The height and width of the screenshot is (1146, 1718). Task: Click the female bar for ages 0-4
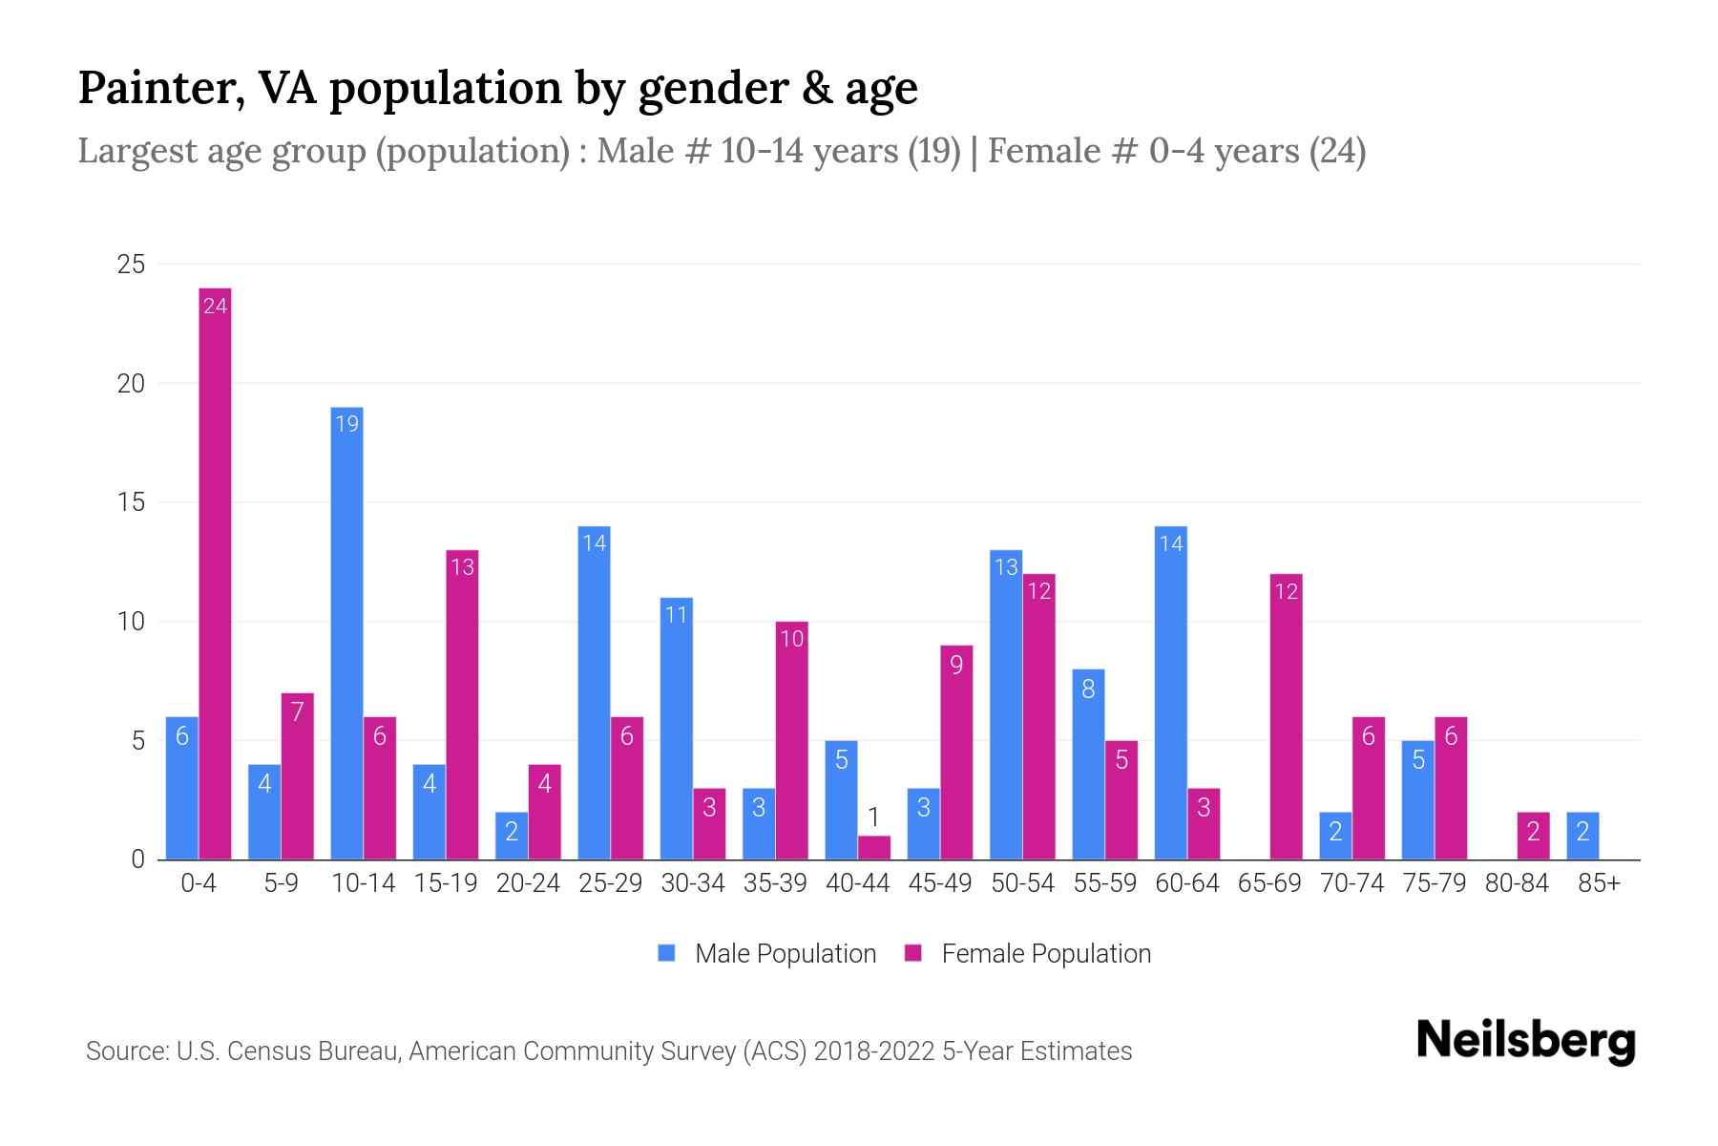215,573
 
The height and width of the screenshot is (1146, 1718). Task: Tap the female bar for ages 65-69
1286,716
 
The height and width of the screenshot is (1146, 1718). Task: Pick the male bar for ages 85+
1582,836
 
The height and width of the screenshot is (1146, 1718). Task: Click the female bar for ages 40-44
873,848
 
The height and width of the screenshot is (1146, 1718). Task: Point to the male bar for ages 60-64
1170,692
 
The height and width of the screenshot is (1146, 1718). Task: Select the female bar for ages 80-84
1533,836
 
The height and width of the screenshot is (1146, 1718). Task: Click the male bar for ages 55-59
1088,764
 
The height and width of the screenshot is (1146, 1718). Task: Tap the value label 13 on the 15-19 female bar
462,567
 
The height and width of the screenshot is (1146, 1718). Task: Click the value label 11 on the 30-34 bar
676,615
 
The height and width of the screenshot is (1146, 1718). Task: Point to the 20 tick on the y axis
131,384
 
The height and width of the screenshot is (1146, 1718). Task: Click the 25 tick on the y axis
131,265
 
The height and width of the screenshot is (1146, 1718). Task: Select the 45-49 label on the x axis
939,883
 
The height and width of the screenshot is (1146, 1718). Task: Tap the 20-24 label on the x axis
528,883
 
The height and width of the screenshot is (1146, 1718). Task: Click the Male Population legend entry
767,953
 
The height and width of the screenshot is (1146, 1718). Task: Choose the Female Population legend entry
1028,953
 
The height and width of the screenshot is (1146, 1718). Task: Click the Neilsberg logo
1525,1040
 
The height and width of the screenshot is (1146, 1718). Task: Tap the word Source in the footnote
125,1051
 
